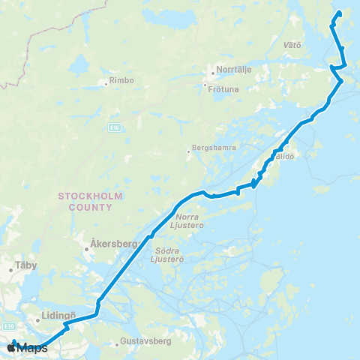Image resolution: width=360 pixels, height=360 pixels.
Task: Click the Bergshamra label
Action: [214, 148]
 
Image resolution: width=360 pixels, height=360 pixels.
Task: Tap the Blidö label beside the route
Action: [285, 157]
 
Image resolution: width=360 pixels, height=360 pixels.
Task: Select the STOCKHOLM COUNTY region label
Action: [90, 200]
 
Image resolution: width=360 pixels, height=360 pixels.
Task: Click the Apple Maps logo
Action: [27, 348]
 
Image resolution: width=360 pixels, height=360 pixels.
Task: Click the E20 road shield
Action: [9, 326]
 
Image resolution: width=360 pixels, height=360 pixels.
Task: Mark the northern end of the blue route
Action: [339, 12]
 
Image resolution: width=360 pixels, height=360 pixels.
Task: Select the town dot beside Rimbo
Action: [106, 82]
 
